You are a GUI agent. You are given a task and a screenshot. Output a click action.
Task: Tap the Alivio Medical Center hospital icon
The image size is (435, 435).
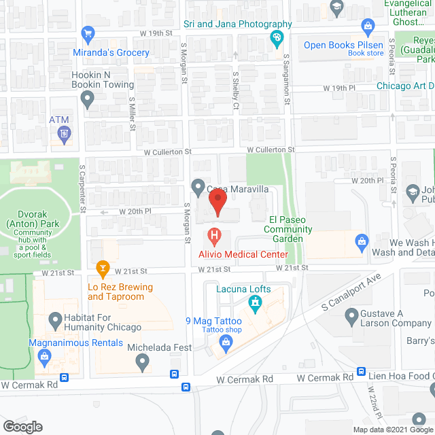(x=215, y=237)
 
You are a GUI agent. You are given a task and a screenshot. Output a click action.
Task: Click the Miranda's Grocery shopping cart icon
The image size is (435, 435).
(x=87, y=33)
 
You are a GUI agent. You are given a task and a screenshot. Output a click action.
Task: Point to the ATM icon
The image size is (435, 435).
(x=64, y=135)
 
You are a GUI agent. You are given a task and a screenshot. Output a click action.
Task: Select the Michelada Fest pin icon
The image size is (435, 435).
(x=142, y=363)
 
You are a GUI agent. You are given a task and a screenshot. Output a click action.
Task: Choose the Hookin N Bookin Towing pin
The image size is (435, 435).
(x=87, y=101)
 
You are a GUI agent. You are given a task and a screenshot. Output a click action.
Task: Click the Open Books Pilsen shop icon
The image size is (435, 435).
(x=368, y=27)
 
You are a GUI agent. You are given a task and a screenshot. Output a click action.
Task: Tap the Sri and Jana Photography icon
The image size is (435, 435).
(x=277, y=38)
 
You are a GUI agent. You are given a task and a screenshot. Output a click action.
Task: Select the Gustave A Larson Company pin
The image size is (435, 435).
(x=351, y=315)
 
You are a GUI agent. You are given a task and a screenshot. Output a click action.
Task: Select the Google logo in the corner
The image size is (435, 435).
(x=22, y=426)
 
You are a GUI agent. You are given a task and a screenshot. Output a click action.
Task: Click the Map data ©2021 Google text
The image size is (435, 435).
(x=392, y=430)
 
